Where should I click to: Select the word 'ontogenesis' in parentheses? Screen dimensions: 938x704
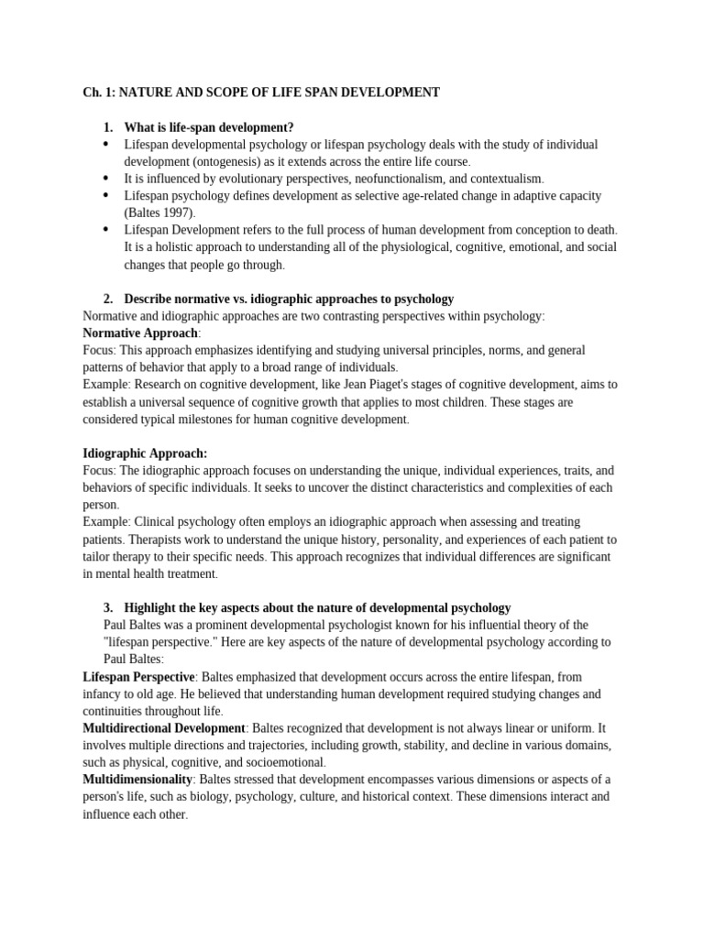click(225, 161)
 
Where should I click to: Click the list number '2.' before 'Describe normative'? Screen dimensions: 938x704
click(108, 299)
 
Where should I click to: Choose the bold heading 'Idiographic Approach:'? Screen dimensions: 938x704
click(145, 453)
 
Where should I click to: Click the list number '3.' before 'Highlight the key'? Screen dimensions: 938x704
click(108, 608)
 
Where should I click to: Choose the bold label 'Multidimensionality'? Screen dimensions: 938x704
click(137, 780)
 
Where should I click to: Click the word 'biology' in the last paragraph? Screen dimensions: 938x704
click(202, 797)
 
